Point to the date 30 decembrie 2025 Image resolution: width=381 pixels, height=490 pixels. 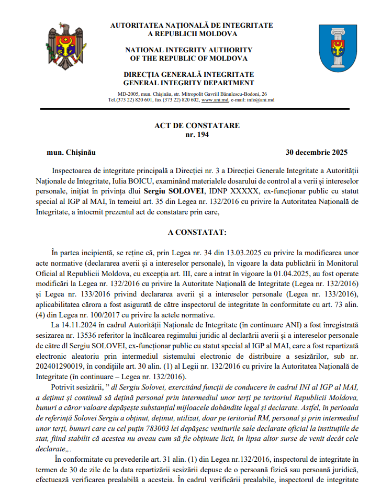[x=316, y=153]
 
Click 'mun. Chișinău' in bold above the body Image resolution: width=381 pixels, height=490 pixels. [x=72, y=153]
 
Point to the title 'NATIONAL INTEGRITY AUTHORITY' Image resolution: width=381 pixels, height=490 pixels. [x=189, y=50]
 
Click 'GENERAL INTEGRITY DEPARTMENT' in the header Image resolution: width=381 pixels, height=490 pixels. [x=189, y=83]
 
